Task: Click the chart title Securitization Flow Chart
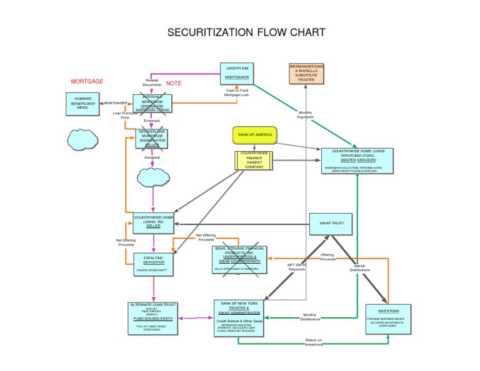[246, 32]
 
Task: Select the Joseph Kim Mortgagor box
[237, 72]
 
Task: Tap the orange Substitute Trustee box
[306, 73]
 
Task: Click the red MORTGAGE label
[87, 82]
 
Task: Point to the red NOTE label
[173, 84]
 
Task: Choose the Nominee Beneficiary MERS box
[82, 103]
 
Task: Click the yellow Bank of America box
[254, 134]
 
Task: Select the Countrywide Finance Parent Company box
[254, 160]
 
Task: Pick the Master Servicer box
[357, 161]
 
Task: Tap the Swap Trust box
[331, 223]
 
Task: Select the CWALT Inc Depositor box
[152, 264]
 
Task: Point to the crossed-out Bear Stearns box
[239, 259]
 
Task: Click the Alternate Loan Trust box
[152, 317]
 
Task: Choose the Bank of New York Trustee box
[239, 317]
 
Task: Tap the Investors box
[388, 319]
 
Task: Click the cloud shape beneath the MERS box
[82, 139]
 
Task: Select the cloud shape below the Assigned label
[152, 177]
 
